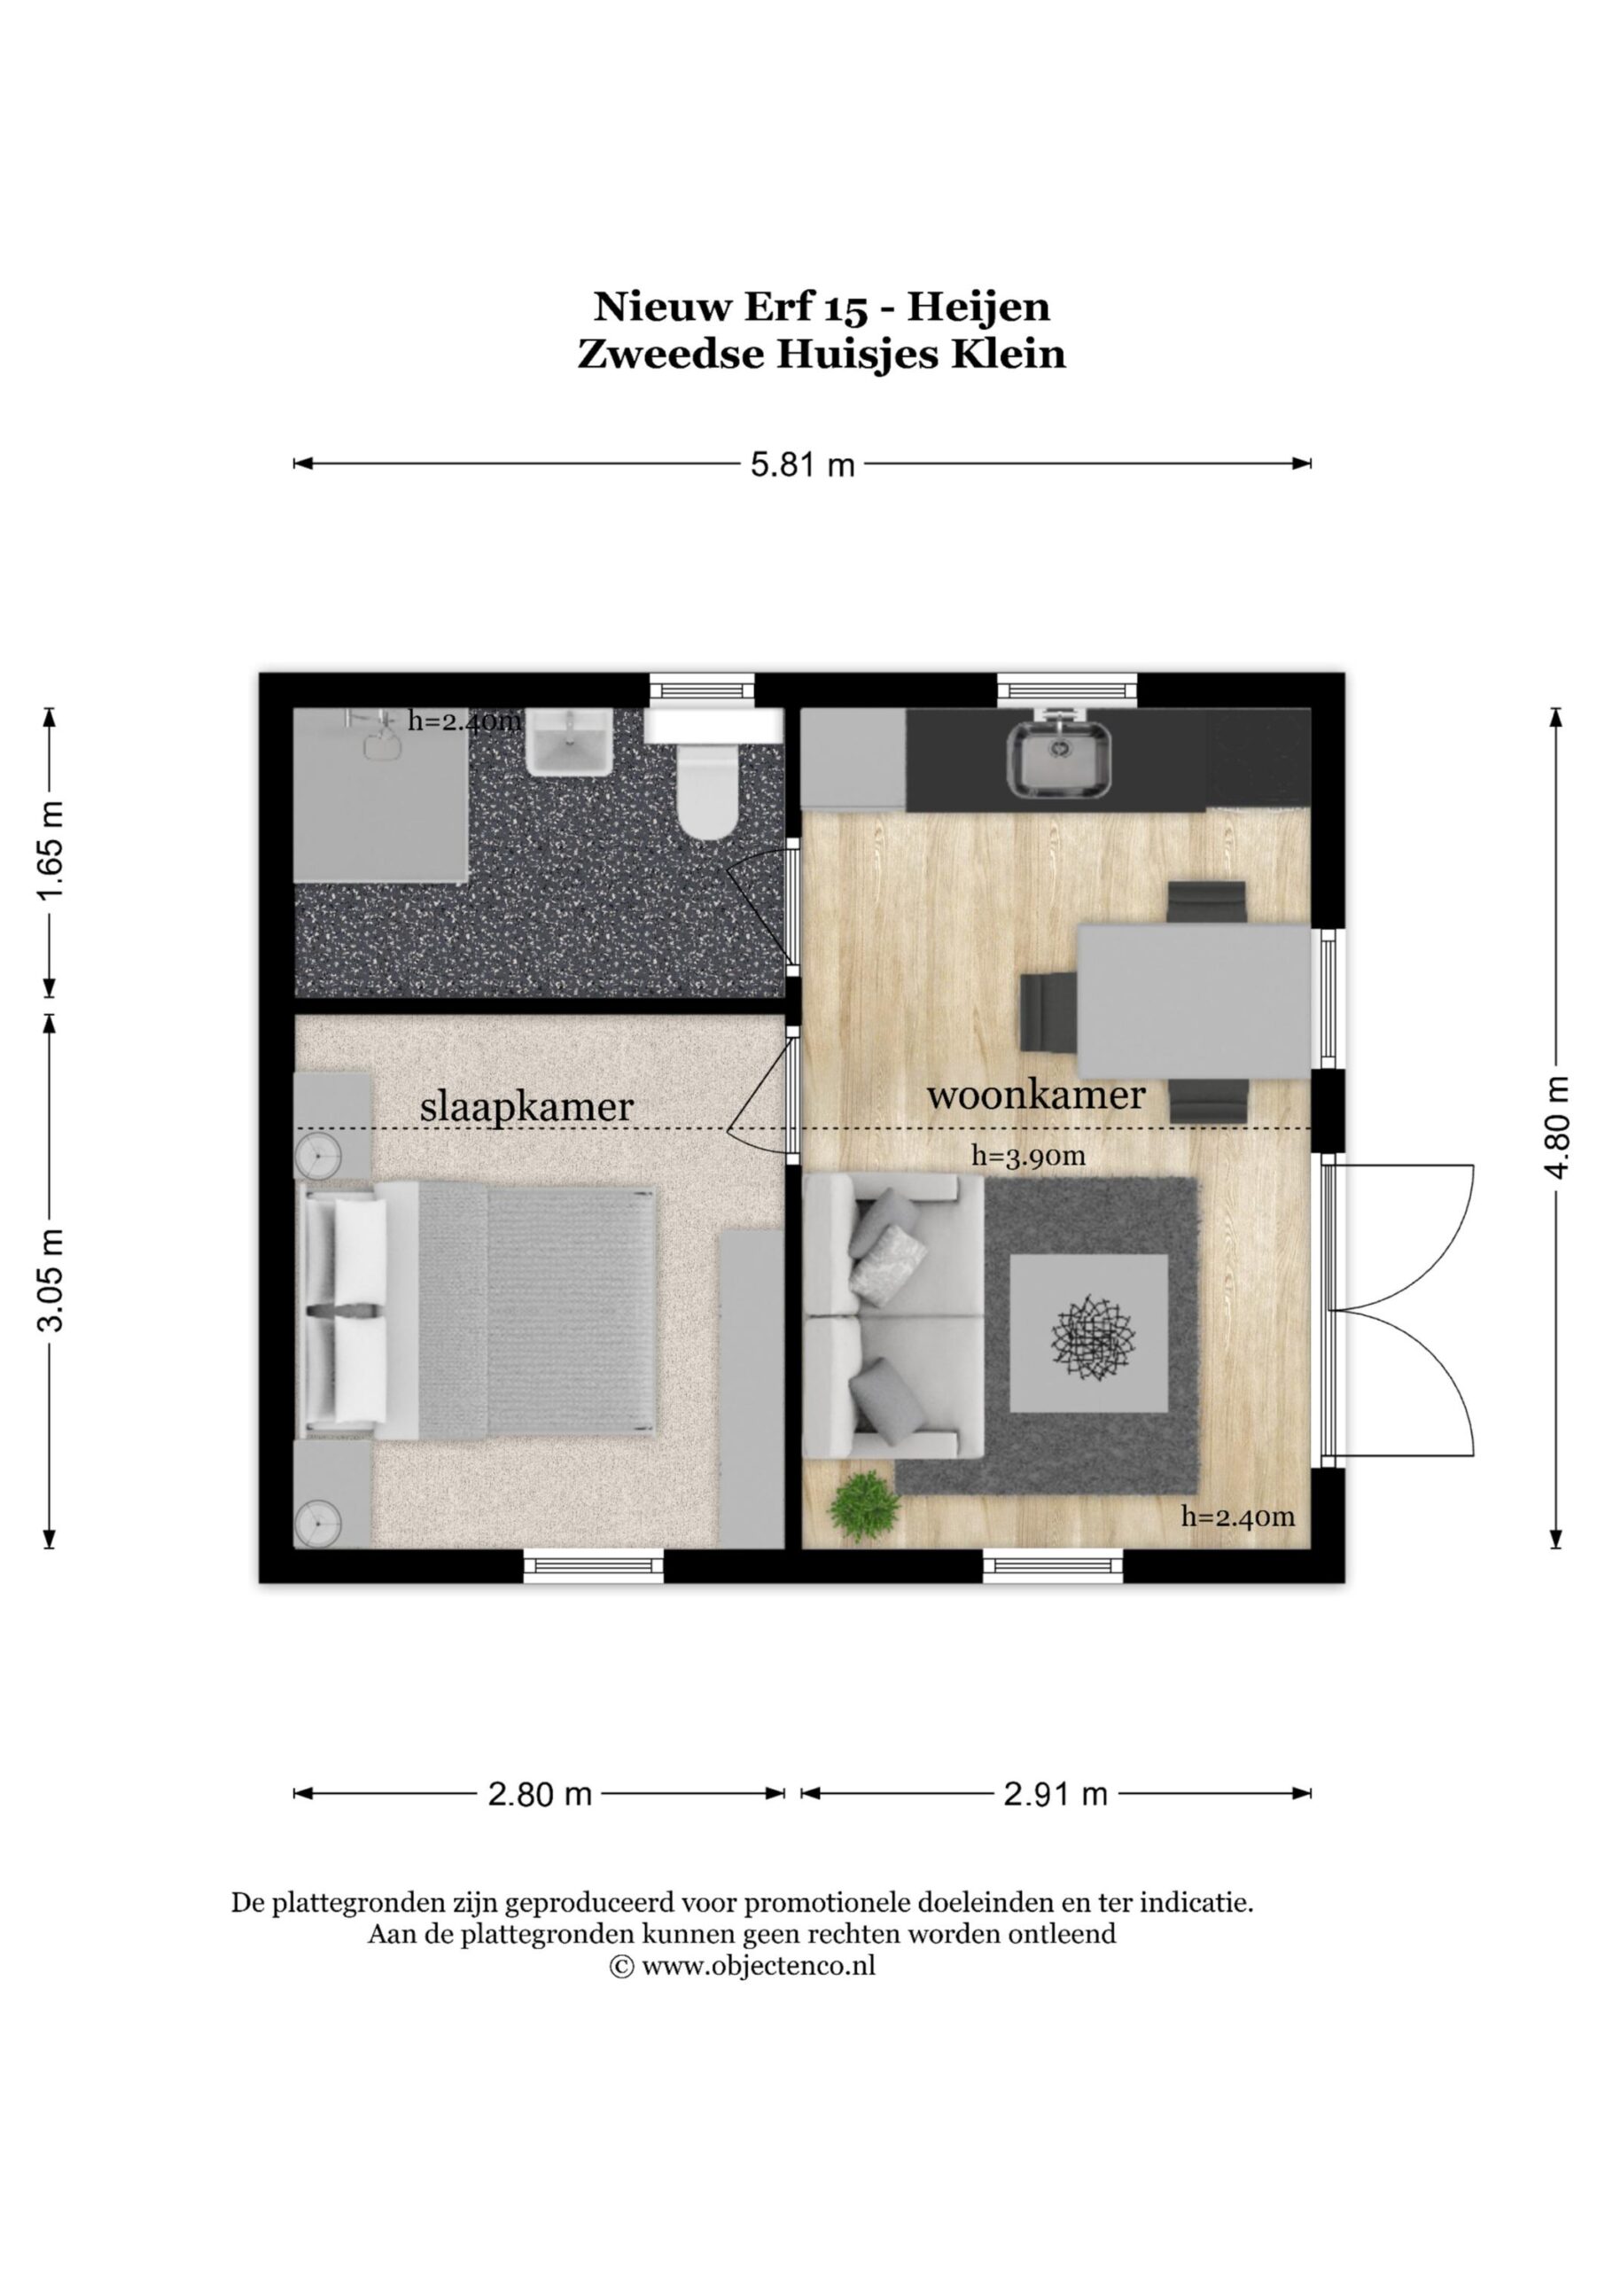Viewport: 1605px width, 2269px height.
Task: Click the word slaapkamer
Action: tap(526, 1107)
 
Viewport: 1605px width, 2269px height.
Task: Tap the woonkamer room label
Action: tap(1036, 1095)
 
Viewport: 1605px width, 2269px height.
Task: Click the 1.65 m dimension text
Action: tap(51, 851)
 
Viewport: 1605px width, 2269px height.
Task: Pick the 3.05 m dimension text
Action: tap(51, 1280)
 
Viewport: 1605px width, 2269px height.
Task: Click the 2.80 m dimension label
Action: tap(540, 1794)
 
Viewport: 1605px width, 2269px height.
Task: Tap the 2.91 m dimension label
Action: tap(1056, 1794)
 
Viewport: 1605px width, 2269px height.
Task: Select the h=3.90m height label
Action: tap(1028, 1155)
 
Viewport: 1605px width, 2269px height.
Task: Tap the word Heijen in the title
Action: tap(978, 308)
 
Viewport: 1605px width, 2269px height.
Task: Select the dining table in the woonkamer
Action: tap(1194, 1000)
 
